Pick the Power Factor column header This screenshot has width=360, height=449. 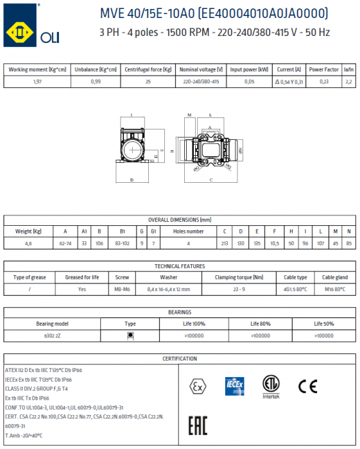pyautogui.click(x=324, y=69)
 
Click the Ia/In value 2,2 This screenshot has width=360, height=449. pyautogui.click(x=348, y=81)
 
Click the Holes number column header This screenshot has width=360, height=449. pyautogui.click(x=187, y=231)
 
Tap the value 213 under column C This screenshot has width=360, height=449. pyautogui.click(x=224, y=243)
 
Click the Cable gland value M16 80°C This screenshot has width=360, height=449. pyautogui.click(x=334, y=289)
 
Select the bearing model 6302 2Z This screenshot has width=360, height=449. pyautogui.click(x=52, y=335)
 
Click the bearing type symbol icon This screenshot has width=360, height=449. pyautogui.click(x=130, y=335)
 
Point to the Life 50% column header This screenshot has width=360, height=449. pyautogui.click(x=322, y=324)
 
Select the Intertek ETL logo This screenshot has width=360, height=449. pyautogui.click(x=271, y=385)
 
